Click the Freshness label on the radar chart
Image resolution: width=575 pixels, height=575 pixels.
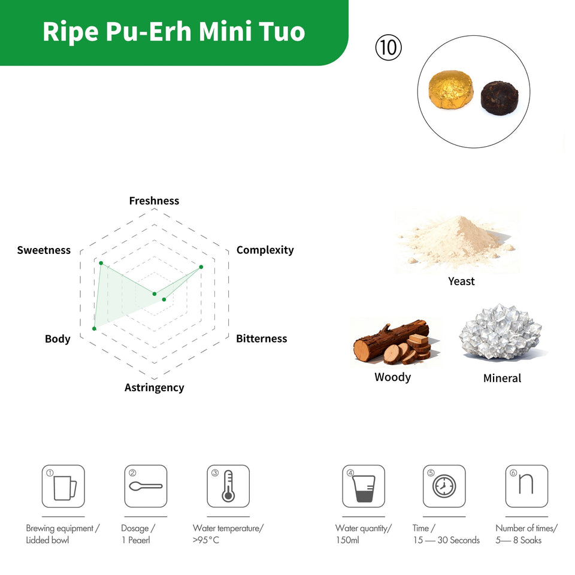coord(154,201)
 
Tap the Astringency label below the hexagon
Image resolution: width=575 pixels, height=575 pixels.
coord(154,388)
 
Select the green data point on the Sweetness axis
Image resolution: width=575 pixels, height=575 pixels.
coord(101,264)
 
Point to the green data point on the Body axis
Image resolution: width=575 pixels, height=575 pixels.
coord(94,329)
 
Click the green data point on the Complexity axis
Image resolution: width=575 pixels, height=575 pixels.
coord(201,267)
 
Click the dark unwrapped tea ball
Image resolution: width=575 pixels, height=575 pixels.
coord(500,98)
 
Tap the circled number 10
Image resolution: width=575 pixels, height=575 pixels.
coord(388,48)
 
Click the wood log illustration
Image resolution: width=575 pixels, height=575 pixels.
coord(392,343)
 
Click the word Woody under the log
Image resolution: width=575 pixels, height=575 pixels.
coord(392,377)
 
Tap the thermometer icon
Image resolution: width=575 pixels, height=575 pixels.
coord(228,486)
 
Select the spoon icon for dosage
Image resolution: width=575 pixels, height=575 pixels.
coord(146,486)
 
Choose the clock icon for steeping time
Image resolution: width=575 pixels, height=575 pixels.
coord(444,486)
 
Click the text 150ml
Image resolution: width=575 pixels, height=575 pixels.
coord(347,540)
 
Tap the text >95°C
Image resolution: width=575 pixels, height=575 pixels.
coord(206,540)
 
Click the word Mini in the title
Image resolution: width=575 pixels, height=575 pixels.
coord(226,32)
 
